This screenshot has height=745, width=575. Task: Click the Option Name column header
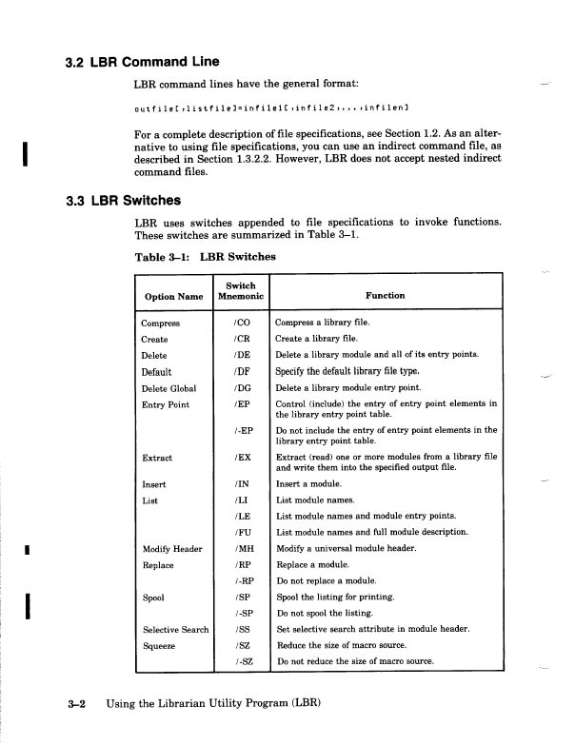pos(173,296)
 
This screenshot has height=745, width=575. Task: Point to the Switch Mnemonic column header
pos(240,289)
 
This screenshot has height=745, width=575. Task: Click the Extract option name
pos(157,458)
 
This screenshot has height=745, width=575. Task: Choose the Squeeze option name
pos(159,645)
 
